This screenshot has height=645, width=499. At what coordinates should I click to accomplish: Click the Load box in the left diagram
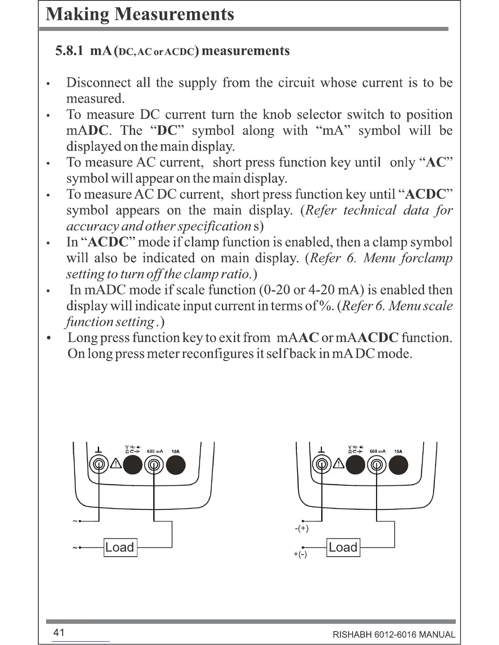pos(120,547)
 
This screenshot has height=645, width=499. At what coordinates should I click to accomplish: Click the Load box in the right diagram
pos(343,547)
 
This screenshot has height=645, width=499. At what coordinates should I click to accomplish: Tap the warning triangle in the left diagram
pos(116,464)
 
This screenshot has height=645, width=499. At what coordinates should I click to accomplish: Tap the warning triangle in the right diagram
pos(339,464)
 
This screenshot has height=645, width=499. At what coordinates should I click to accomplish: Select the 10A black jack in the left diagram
pos(176,465)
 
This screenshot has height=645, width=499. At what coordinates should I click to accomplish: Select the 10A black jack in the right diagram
pos(398,465)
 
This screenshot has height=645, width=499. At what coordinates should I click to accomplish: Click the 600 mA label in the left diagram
pos(155,451)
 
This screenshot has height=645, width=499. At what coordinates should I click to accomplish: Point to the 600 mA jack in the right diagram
pos(377,465)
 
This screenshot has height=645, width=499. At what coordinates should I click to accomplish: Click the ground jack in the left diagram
pos(99,465)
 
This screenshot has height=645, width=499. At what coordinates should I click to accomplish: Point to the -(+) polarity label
pos(301,529)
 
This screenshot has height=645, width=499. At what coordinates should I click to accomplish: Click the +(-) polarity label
pos(300,554)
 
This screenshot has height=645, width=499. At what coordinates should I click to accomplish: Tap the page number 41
pos(59,632)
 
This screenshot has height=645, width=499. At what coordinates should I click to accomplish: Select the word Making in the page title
pos(77,14)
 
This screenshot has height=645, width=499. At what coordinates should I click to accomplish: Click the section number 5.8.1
pos(70,51)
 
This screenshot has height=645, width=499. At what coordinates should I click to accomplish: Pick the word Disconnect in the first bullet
pos(98,83)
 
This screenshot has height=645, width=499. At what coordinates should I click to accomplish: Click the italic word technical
pos(370,210)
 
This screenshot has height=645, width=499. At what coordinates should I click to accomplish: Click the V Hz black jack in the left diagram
pos(133,465)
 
